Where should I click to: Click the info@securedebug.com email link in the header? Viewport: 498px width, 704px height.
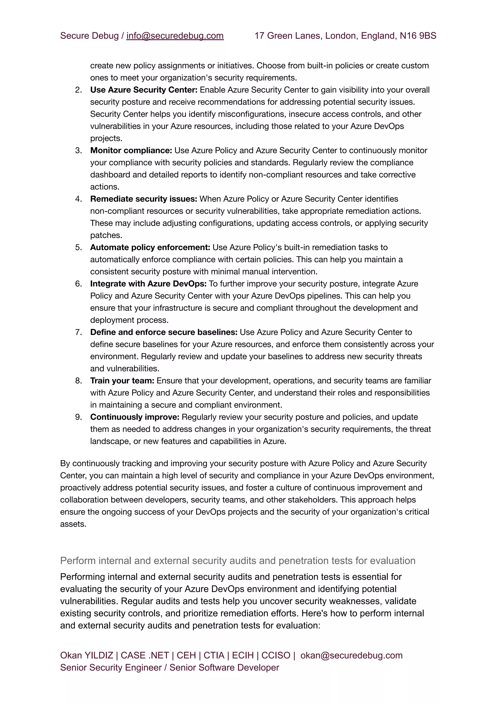click(175, 36)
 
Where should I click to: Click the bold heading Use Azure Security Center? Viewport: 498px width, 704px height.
click(143, 90)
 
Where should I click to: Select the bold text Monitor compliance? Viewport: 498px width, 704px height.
click(131, 150)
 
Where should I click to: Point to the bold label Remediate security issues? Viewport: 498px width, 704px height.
click(143, 199)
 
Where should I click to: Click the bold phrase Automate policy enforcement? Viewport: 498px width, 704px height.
click(150, 247)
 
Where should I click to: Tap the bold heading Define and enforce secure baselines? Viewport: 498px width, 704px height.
click(164, 332)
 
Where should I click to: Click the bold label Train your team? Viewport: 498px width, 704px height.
click(122, 381)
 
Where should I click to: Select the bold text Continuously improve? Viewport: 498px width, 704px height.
click(135, 417)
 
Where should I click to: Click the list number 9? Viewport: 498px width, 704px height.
click(78, 417)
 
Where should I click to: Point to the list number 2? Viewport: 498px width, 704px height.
click(78, 90)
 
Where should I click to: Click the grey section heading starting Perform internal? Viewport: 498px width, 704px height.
click(238, 561)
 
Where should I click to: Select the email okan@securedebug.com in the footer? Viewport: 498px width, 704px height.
click(351, 655)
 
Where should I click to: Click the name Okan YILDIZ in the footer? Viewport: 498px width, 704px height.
click(87, 655)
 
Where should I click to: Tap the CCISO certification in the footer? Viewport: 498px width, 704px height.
click(276, 655)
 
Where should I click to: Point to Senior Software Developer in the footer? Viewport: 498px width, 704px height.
click(224, 667)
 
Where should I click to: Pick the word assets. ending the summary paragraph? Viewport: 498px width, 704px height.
click(73, 524)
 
